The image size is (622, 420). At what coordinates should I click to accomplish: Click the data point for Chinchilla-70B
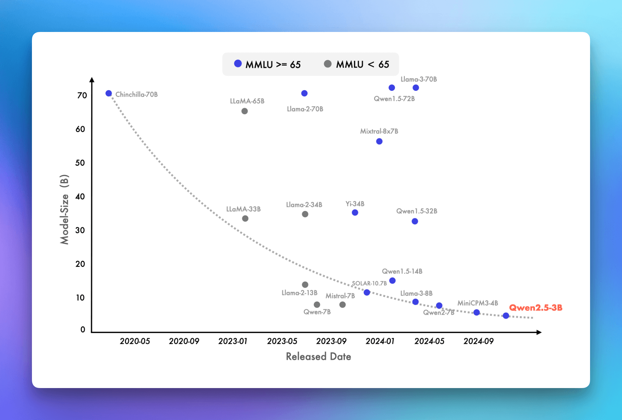(109, 94)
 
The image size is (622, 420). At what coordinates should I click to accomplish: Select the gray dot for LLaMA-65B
(244, 111)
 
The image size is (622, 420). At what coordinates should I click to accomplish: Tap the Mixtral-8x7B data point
(379, 141)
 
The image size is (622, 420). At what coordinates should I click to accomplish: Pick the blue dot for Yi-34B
(355, 213)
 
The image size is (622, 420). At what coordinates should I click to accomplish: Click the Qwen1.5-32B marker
(415, 221)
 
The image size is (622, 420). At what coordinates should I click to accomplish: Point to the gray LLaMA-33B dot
(245, 219)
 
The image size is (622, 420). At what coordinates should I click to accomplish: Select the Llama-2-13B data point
(305, 285)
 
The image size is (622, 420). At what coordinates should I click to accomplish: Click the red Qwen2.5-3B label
(536, 308)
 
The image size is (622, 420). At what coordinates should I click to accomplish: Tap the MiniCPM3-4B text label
(478, 303)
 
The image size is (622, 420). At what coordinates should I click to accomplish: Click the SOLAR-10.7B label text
(369, 283)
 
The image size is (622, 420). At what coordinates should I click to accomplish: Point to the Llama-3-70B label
(419, 79)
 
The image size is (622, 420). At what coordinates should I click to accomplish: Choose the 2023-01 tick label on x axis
(233, 341)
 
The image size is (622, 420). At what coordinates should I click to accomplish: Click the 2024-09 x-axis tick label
(479, 341)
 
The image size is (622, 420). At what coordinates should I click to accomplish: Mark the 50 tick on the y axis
(80, 163)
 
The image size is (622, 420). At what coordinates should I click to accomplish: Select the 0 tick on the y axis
(83, 329)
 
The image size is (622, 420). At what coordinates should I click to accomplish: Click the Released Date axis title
(318, 356)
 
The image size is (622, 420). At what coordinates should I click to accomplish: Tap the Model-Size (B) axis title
(64, 209)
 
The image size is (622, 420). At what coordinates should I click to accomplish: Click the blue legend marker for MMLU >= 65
(238, 64)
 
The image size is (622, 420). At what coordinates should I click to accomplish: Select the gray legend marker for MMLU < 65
(328, 64)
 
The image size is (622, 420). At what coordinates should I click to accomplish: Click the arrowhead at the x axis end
(539, 332)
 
